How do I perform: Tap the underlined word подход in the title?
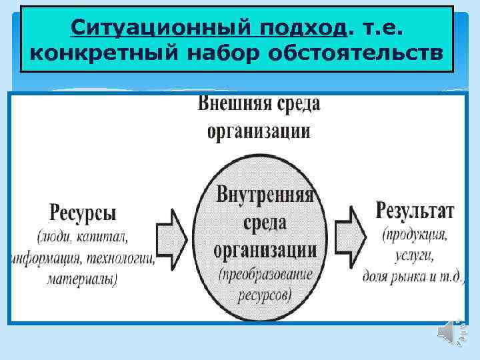point(301,27)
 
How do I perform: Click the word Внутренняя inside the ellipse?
point(266,196)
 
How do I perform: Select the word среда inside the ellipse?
point(265,222)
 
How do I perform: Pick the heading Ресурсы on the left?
point(83,213)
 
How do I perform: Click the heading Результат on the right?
point(415,211)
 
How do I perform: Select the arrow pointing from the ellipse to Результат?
point(351,229)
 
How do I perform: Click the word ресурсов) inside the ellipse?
point(264,294)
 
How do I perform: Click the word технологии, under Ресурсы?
point(118,259)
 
